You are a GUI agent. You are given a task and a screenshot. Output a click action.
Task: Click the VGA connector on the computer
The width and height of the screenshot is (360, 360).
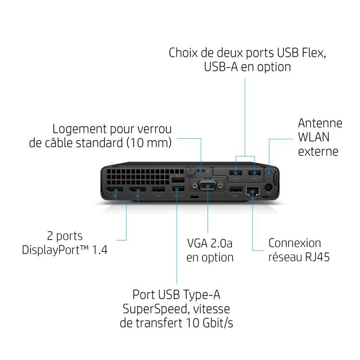[x=208, y=185]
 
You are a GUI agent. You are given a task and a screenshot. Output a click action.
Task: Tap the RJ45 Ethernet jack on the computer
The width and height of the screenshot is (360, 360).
[x=252, y=191]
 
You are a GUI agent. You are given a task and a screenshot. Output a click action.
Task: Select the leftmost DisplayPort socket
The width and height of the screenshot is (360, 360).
[x=115, y=190]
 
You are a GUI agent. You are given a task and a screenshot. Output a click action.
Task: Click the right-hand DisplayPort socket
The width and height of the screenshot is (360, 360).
[x=137, y=190]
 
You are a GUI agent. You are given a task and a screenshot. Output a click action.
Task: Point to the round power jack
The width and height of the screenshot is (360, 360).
[x=268, y=187]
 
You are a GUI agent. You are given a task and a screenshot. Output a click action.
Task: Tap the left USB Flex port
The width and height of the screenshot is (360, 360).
[x=235, y=172]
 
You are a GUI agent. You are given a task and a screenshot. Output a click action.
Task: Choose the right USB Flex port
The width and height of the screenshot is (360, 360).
[x=254, y=172]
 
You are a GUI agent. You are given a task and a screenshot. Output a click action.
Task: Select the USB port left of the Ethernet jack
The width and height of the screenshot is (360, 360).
[x=236, y=189]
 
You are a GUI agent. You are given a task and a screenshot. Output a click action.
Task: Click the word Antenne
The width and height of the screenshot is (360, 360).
[x=320, y=123]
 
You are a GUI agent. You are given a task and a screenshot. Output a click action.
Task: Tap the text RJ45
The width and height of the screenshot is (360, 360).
[x=317, y=257]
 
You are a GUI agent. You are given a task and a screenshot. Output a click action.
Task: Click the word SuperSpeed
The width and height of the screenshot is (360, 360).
[x=156, y=309]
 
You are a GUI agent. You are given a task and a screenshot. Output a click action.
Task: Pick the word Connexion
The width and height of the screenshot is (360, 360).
[x=295, y=243]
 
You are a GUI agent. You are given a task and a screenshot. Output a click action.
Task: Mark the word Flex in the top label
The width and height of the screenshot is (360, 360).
[x=313, y=53]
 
